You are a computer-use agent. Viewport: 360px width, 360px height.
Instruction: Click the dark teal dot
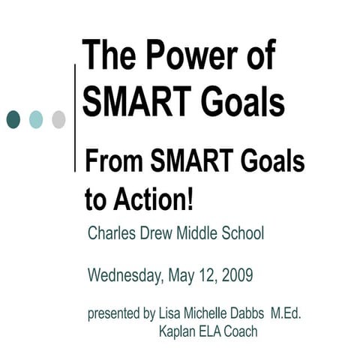coord(13,118)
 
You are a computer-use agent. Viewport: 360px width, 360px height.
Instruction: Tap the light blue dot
coord(36,118)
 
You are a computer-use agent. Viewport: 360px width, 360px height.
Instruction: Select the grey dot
coord(58,118)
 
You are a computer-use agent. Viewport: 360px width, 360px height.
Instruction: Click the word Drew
coord(160,233)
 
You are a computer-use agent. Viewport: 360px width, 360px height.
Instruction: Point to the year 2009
coord(236,275)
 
